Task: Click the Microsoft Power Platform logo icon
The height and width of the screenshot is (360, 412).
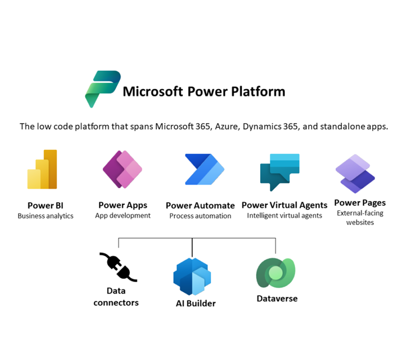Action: (103, 89)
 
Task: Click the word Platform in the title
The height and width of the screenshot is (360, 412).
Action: (258, 92)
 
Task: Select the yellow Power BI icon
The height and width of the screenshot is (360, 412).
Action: (42, 169)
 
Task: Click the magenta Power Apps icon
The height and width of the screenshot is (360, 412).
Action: (122, 169)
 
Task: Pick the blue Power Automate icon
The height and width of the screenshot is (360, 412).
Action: (205, 169)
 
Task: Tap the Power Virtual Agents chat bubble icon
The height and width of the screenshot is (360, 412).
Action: (280, 172)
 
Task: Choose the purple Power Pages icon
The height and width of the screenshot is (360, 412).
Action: (355, 174)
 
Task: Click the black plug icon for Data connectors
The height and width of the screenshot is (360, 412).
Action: (118, 267)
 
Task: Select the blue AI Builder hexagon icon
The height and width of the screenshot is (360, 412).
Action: (192, 276)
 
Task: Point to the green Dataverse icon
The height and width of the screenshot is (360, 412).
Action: (276, 273)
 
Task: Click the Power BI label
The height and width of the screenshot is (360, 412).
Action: (45, 205)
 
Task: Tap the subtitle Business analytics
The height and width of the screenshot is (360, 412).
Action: (45, 216)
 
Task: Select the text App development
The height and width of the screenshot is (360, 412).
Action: (123, 216)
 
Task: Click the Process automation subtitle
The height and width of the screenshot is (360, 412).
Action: (200, 216)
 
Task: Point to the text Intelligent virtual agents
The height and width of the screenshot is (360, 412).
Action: (284, 216)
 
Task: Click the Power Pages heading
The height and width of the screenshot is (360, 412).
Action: (360, 203)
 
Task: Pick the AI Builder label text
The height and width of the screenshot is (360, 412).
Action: (196, 304)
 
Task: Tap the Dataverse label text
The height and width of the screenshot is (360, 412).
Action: (277, 299)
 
